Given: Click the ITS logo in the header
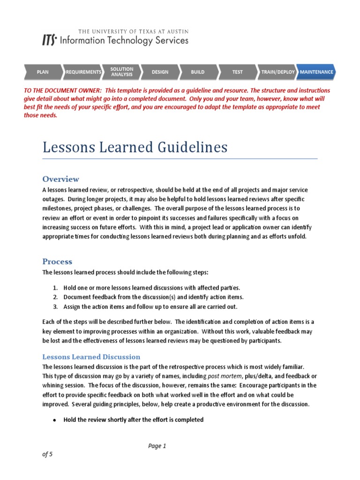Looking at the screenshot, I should [x=49, y=41].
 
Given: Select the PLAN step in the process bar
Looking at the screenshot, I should [x=43, y=72].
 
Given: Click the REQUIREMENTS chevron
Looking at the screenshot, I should [x=83, y=72].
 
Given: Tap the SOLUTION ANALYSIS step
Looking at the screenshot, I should [x=121, y=72].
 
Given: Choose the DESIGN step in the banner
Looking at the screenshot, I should [x=160, y=72].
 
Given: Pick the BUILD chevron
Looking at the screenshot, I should [x=198, y=72].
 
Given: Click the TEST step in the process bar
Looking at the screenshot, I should [x=237, y=72].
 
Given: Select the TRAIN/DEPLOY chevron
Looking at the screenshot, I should [x=277, y=72].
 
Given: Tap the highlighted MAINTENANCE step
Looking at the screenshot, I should [x=316, y=72].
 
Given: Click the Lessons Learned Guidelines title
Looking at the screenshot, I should [x=135, y=148].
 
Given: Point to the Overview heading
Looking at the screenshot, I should [x=61, y=179].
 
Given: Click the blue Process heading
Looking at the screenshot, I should [x=57, y=262].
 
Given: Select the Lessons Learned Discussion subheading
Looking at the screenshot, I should [x=91, y=357].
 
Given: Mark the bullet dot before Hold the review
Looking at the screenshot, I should [x=54, y=420].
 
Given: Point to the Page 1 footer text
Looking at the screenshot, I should [x=157, y=446].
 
